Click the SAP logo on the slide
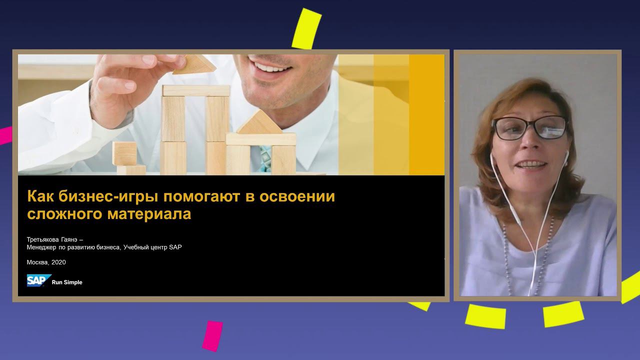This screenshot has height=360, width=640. point(38,280)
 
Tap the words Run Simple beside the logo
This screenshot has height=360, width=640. point(67,282)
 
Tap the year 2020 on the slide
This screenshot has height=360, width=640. point(58,262)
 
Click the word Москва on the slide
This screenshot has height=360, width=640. point(37,262)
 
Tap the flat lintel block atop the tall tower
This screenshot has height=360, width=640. point(196,90)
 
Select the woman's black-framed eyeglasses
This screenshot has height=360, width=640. point(529,128)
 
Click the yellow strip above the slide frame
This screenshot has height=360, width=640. point(306,29)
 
